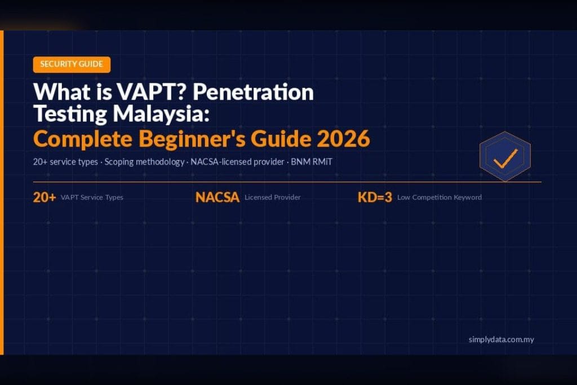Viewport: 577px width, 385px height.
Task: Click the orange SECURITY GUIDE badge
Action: [72, 64]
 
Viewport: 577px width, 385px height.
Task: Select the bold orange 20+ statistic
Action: [45, 197]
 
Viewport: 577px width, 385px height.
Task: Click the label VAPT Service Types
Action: [91, 198]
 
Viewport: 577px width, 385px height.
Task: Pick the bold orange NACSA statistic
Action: [218, 197]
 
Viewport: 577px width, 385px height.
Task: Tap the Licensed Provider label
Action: [272, 198]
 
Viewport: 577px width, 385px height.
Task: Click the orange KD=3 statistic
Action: [375, 197]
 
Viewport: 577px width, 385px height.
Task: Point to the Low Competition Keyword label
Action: [440, 198]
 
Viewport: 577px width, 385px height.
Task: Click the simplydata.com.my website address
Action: [501, 339]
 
